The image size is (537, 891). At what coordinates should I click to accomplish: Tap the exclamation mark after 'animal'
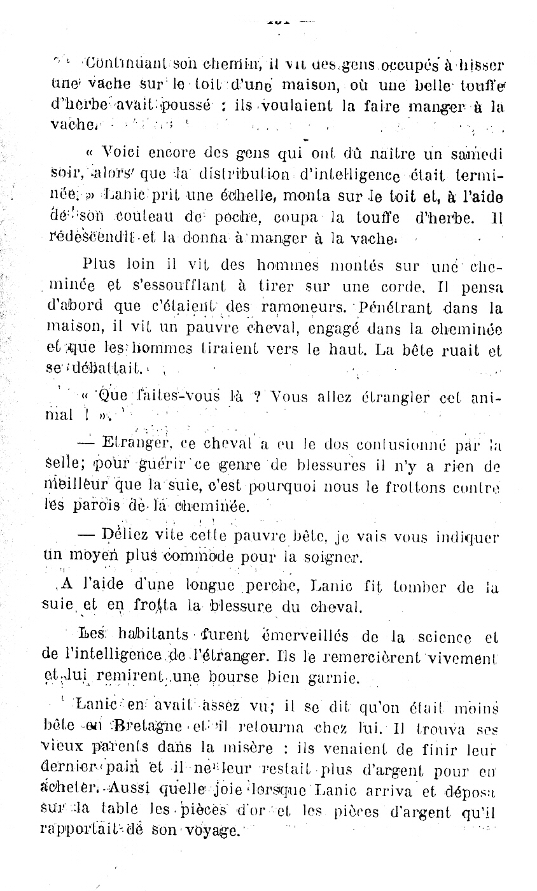[85, 417]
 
